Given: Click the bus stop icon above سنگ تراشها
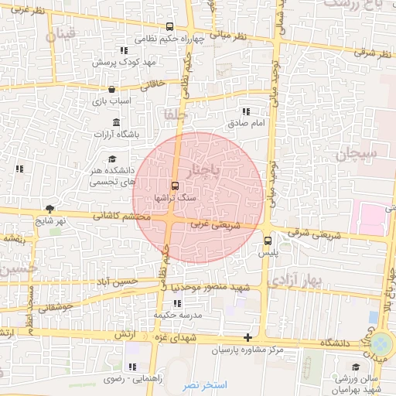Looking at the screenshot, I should pos(174,186).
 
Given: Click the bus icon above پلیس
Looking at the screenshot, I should pos(268,240).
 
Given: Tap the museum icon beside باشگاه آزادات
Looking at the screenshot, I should pos(116,123).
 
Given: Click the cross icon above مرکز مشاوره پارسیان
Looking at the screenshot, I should pos(247,337).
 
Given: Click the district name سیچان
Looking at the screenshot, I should pos(356,154).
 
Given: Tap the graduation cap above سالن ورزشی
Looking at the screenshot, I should pos(355,367).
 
